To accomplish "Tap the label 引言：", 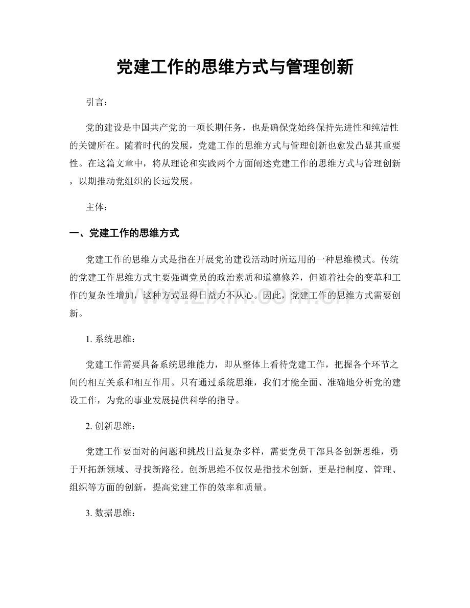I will point(98,103).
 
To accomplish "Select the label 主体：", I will point(98,207).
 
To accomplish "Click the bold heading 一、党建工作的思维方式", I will point(124,233).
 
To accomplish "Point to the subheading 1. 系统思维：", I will point(111,338).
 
